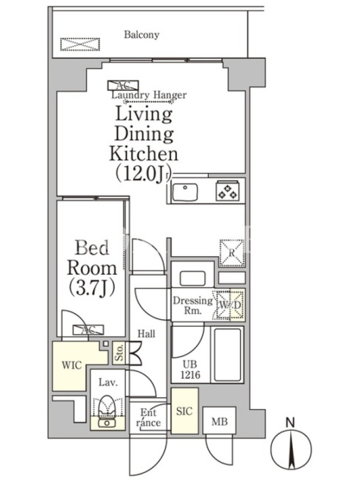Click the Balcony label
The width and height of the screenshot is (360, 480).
click(x=142, y=35)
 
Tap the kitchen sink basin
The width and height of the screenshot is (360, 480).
click(x=185, y=192)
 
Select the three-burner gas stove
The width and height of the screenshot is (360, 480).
click(x=227, y=191)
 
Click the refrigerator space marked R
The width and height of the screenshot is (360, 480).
click(x=232, y=253)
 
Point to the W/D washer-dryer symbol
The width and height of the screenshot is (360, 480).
click(x=229, y=305)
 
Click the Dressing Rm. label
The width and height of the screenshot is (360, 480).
click(x=193, y=305)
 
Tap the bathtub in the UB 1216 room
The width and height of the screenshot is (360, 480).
click(x=227, y=355)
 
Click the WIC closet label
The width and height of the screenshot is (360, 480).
click(x=71, y=365)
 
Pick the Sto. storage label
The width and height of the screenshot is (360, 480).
click(x=119, y=352)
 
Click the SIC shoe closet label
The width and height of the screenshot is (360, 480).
click(x=184, y=411)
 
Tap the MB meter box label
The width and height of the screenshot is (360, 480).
click(x=220, y=422)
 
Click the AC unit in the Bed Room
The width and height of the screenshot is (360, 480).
click(x=88, y=329)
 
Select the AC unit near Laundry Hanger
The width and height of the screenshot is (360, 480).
click(x=123, y=85)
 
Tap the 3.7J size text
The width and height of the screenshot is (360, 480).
click(x=92, y=288)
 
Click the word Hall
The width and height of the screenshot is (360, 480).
click(x=146, y=334)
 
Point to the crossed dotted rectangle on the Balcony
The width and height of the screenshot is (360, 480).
click(x=80, y=44)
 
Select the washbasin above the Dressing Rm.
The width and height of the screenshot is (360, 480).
click(x=192, y=278)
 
